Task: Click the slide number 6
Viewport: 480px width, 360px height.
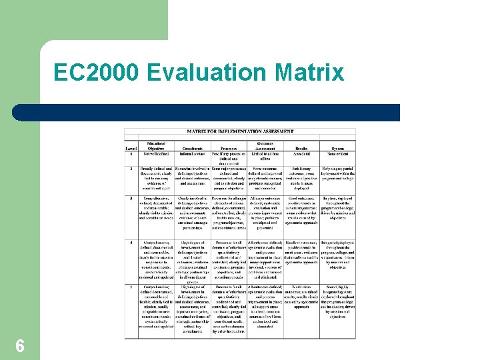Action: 20,345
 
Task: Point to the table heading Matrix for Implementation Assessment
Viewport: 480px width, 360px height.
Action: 240,132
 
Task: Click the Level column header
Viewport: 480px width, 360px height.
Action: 132,147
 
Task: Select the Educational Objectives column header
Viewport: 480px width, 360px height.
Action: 157,145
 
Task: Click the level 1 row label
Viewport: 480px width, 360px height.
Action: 131,154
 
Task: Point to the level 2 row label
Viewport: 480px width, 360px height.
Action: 131,169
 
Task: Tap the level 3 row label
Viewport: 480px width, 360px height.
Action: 131,199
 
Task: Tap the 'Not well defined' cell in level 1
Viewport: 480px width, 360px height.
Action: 157,154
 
